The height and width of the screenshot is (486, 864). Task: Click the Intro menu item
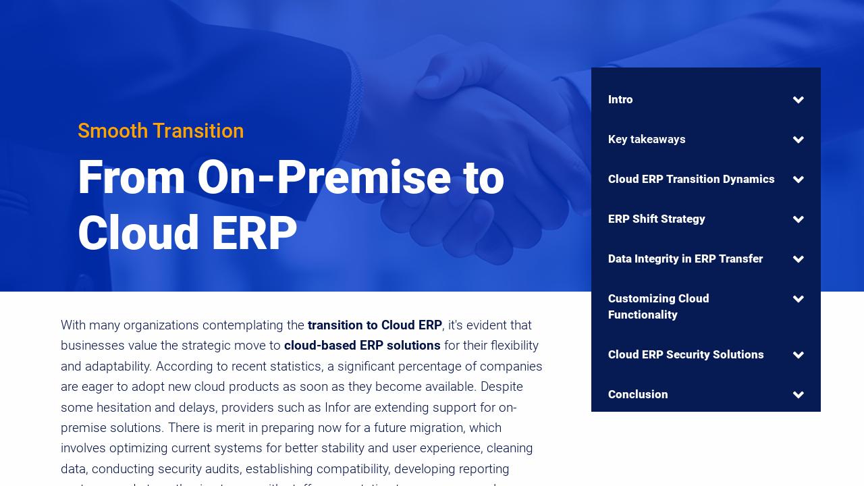[x=620, y=100]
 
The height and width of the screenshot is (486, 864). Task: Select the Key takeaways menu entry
[x=647, y=140]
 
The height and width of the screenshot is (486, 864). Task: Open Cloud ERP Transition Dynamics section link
[x=691, y=180]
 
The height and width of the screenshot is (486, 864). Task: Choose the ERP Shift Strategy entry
[x=656, y=219]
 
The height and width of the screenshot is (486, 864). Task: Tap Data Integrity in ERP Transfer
[x=685, y=259]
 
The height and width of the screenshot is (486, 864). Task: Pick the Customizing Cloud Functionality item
[x=658, y=306]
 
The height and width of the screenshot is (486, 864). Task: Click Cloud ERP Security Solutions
[x=686, y=355]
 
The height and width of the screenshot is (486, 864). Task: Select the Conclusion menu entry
[x=638, y=395]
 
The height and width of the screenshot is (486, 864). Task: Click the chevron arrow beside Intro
[x=799, y=101]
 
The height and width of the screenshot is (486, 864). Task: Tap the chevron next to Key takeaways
[x=799, y=140]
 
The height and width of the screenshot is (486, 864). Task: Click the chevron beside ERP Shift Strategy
[x=799, y=220]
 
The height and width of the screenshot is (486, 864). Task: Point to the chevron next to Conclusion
[x=799, y=396]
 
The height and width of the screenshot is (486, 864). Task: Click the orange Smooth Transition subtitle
[x=161, y=131]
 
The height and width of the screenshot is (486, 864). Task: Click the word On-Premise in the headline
[x=323, y=178]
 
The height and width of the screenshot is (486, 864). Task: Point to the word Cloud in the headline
[x=138, y=234]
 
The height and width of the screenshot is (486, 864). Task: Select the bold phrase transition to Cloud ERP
[x=375, y=325]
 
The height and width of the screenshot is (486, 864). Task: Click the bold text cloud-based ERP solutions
[x=362, y=346]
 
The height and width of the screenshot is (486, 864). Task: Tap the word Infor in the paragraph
[x=337, y=408]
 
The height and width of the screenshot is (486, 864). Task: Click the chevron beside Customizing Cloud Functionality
[x=799, y=300]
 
